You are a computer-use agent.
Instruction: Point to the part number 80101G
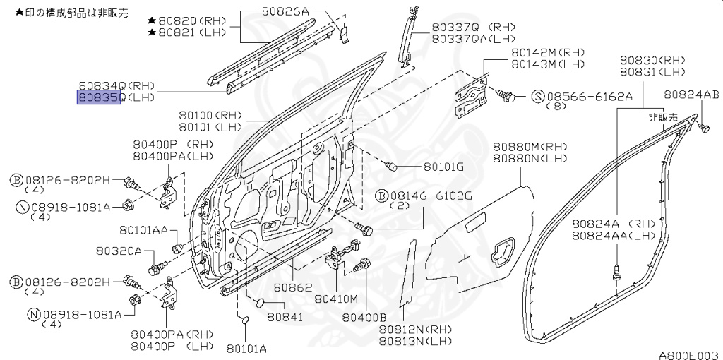pyautogui.click(x=443, y=167)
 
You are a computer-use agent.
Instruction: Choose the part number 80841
pyautogui.click(x=285, y=317)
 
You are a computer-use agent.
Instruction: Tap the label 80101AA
pyautogui.click(x=143, y=229)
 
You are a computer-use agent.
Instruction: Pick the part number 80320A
pyautogui.click(x=119, y=251)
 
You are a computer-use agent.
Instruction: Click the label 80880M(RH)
pyautogui.click(x=530, y=147)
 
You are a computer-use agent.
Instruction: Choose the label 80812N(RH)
pyautogui.click(x=415, y=329)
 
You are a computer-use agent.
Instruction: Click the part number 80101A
pyautogui.click(x=246, y=348)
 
